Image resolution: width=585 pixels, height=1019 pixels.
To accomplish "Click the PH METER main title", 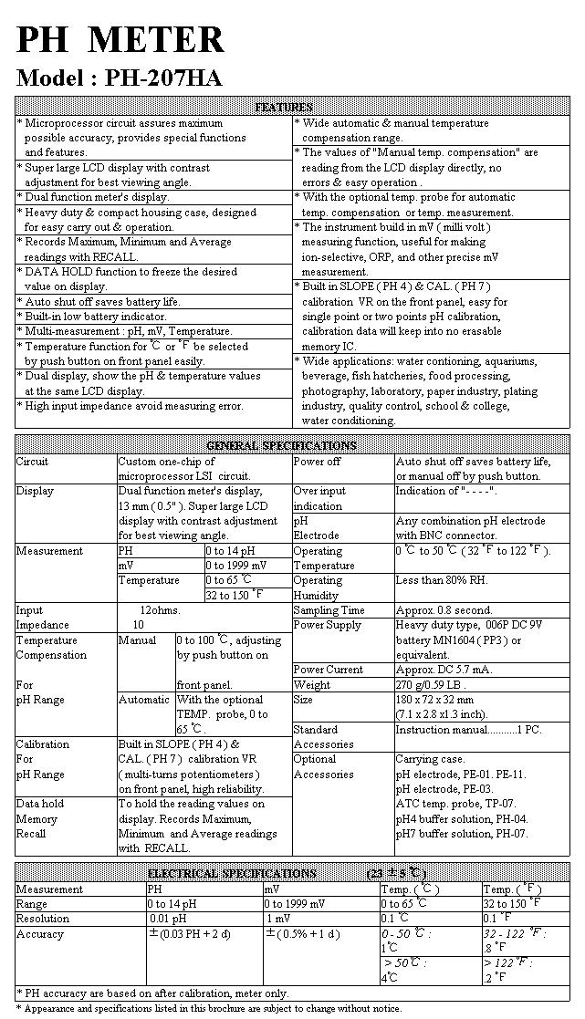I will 120,39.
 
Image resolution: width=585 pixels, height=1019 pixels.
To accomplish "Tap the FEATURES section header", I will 284,108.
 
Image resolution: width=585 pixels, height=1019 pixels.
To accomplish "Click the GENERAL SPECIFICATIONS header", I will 281,445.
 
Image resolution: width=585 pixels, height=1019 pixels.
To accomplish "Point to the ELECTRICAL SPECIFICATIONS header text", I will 232,873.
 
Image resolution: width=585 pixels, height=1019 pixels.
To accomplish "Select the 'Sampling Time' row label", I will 329,610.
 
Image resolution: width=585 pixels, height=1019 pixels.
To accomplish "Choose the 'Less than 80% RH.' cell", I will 443,580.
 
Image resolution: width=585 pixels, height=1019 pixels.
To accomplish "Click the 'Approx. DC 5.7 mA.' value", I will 444,670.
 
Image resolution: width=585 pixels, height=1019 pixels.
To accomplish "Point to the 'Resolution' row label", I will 43,919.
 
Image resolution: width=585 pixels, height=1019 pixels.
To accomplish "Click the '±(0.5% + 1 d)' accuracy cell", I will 302,934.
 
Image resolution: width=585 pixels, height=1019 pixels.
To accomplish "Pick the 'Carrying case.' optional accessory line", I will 430,759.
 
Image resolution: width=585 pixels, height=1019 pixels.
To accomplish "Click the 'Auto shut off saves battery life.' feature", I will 102,301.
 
